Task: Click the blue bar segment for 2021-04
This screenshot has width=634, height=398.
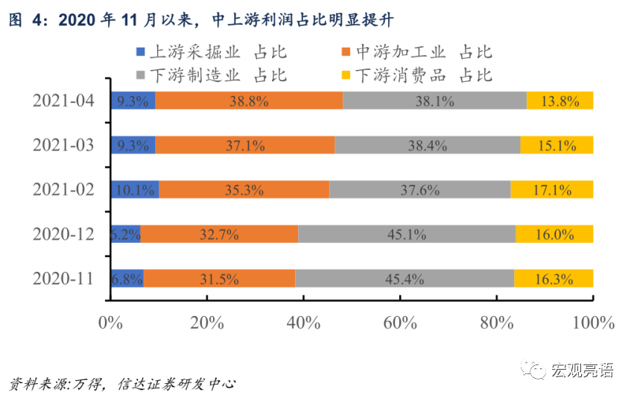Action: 133,101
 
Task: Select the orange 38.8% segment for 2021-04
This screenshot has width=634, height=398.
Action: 249,101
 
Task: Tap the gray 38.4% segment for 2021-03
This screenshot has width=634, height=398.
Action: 427,145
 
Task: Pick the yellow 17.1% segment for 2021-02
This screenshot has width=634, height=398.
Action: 552,189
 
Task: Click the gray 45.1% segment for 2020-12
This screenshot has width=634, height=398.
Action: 407,234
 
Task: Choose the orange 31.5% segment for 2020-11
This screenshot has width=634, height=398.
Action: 218,279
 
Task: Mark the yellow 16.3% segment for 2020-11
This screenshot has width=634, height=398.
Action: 554,279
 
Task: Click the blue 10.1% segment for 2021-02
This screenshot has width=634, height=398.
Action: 135,189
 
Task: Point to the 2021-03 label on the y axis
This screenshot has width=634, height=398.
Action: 63,145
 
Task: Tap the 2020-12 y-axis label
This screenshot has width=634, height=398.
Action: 63,234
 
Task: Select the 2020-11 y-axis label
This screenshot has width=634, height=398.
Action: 63,279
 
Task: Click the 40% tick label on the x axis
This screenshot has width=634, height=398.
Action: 303,323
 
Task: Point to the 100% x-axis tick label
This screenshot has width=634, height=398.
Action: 592,323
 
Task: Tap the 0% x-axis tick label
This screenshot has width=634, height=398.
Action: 110,323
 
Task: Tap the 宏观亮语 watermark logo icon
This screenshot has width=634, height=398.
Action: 536,370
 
